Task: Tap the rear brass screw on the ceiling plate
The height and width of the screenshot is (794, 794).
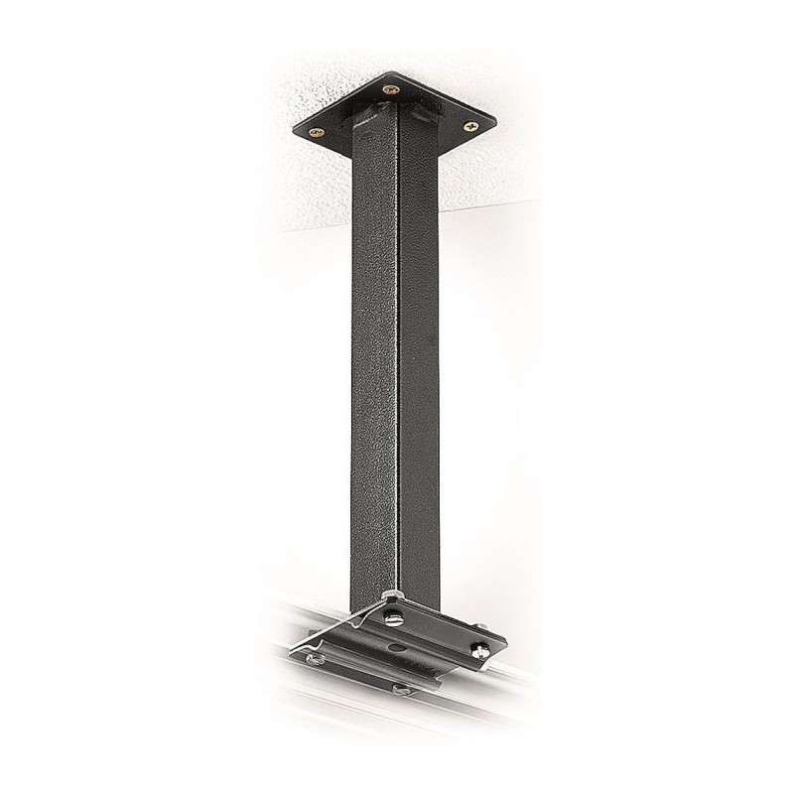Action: coord(389,89)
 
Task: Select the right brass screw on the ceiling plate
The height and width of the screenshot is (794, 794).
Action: coord(470,126)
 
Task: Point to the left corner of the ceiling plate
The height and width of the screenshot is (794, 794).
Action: coord(297,129)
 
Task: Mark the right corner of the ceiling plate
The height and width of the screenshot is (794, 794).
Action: coord(493,122)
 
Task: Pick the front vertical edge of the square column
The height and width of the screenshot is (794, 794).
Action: coord(397,347)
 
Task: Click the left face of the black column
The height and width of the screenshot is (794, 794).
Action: coord(374,347)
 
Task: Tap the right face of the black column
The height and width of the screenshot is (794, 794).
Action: coord(418,347)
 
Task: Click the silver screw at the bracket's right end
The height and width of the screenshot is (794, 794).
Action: coord(479,651)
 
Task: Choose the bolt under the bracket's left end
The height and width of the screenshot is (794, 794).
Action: coord(315,658)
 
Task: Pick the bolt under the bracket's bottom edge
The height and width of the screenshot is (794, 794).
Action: coord(401,689)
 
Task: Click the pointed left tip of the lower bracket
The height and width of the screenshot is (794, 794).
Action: coord(291,651)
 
